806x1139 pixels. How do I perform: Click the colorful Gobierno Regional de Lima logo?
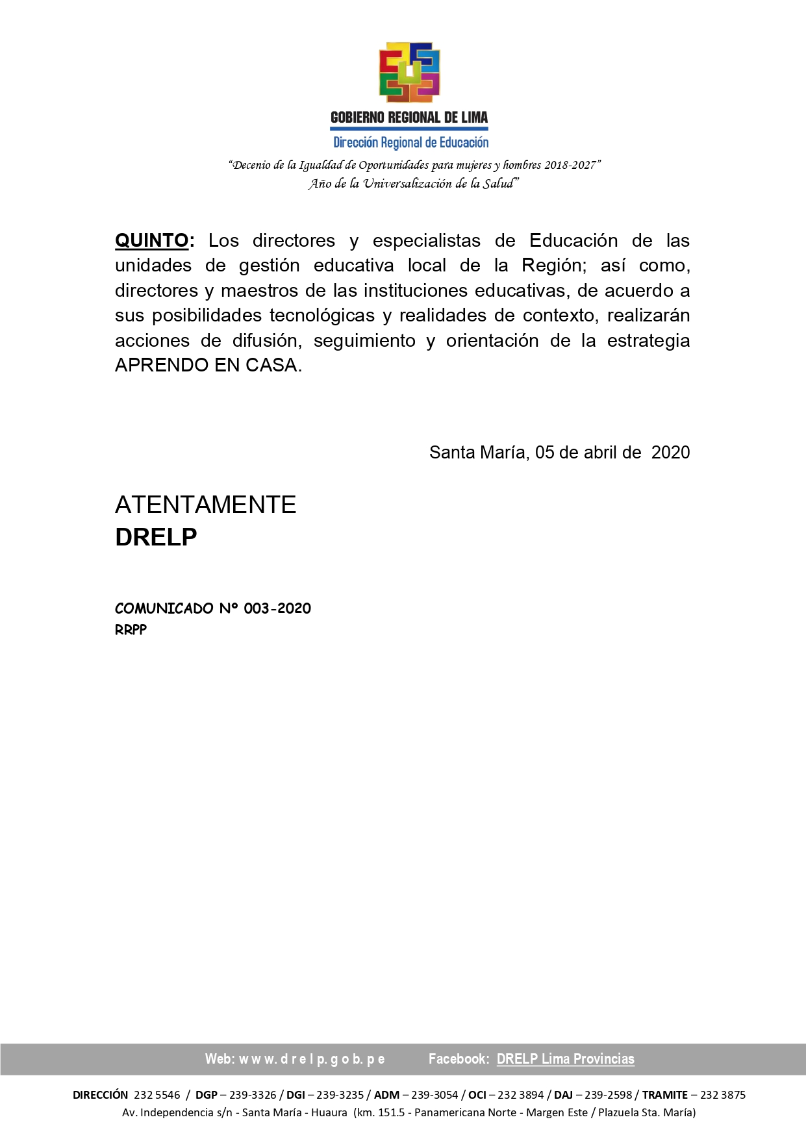tap(409, 72)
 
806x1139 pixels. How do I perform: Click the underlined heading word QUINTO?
tap(152, 241)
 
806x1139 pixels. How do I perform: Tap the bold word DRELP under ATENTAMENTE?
tap(156, 537)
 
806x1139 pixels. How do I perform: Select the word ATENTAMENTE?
tap(205, 505)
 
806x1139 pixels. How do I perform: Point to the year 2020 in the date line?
tap(670, 453)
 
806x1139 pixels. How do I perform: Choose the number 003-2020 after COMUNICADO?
tap(277, 608)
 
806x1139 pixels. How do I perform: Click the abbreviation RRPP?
tap(131, 630)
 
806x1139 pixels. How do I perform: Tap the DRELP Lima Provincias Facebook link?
tap(565, 1059)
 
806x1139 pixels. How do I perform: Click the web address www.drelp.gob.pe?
tap(312, 1059)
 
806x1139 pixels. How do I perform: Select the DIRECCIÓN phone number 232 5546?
tap(157, 1095)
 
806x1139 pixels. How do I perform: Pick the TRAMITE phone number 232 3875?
tap(722, 1095)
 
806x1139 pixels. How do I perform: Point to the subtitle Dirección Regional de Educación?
tap(410, 142)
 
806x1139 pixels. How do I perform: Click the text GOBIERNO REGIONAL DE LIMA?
tap(409, 118)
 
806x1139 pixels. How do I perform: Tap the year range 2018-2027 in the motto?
tap(570, 165)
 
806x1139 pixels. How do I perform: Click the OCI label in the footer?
tap(477, 1095)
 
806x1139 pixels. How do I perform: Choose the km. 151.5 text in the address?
tap(382, 1112)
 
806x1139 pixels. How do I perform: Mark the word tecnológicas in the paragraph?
tap(322, 316)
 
